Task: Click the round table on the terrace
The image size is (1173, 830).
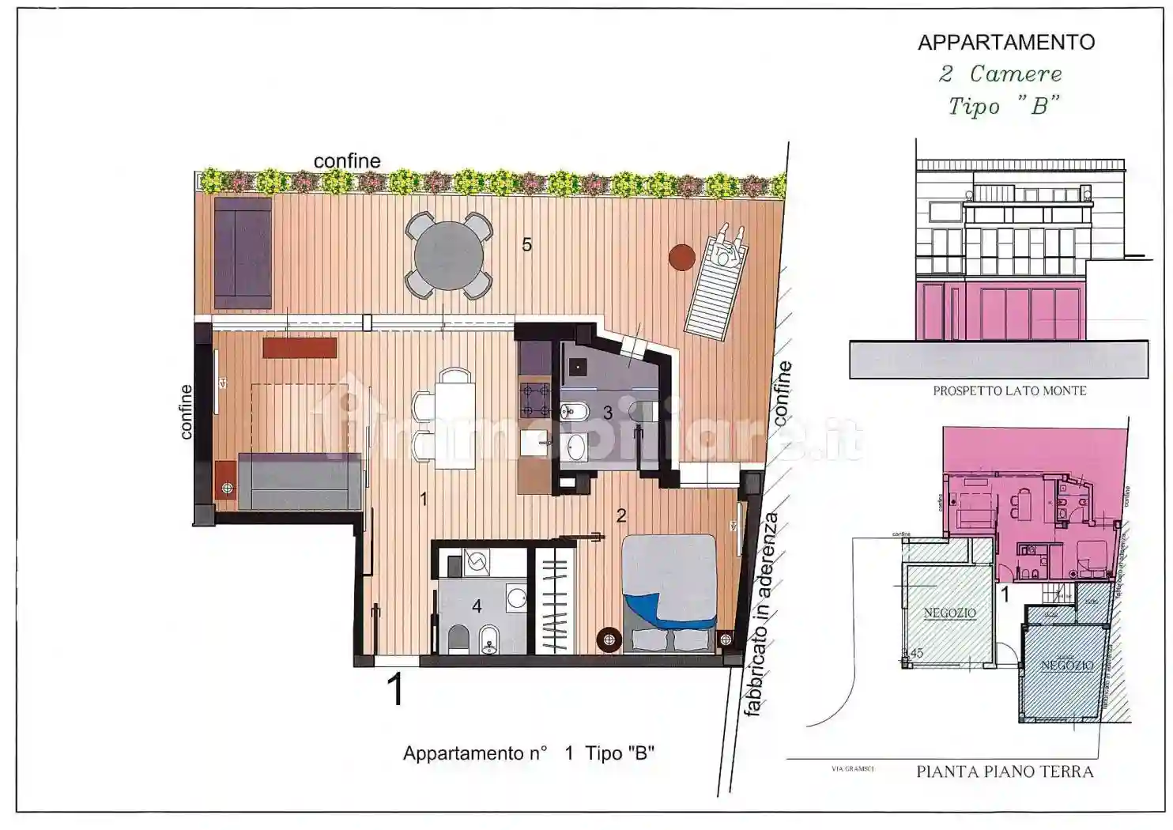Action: (x=448, y=255)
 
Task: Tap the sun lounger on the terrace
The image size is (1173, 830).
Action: (x=715, y=283)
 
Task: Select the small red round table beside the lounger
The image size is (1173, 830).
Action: (x=681, y=257)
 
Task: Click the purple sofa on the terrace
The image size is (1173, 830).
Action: (x=243, y=252)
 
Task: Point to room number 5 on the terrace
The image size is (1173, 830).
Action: (x=526, y=245)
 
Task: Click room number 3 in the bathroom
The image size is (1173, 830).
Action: (x=607, y=413)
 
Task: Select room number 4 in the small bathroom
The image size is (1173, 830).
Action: (x=477, y=606)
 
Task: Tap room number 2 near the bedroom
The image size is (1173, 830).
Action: (x=621, y=515)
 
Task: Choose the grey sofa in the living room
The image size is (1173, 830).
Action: (x=300, y=481)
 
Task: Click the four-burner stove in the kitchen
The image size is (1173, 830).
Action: (x=534, y=400)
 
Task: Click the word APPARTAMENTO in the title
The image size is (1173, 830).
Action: (x=1005, y=43)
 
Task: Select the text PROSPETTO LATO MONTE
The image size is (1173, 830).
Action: (x=1009, y=390)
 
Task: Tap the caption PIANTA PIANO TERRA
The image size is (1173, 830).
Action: (x=1005, y=772)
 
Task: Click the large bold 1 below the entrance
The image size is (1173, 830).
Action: (x=396, y=689)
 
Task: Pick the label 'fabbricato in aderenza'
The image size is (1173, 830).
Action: (x=760, y=615)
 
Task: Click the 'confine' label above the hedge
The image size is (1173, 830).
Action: (x=347, y=161)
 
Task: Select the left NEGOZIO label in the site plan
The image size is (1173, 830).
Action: (x=949, y=613)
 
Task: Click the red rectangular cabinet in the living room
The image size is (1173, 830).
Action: (x=300, y=348)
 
